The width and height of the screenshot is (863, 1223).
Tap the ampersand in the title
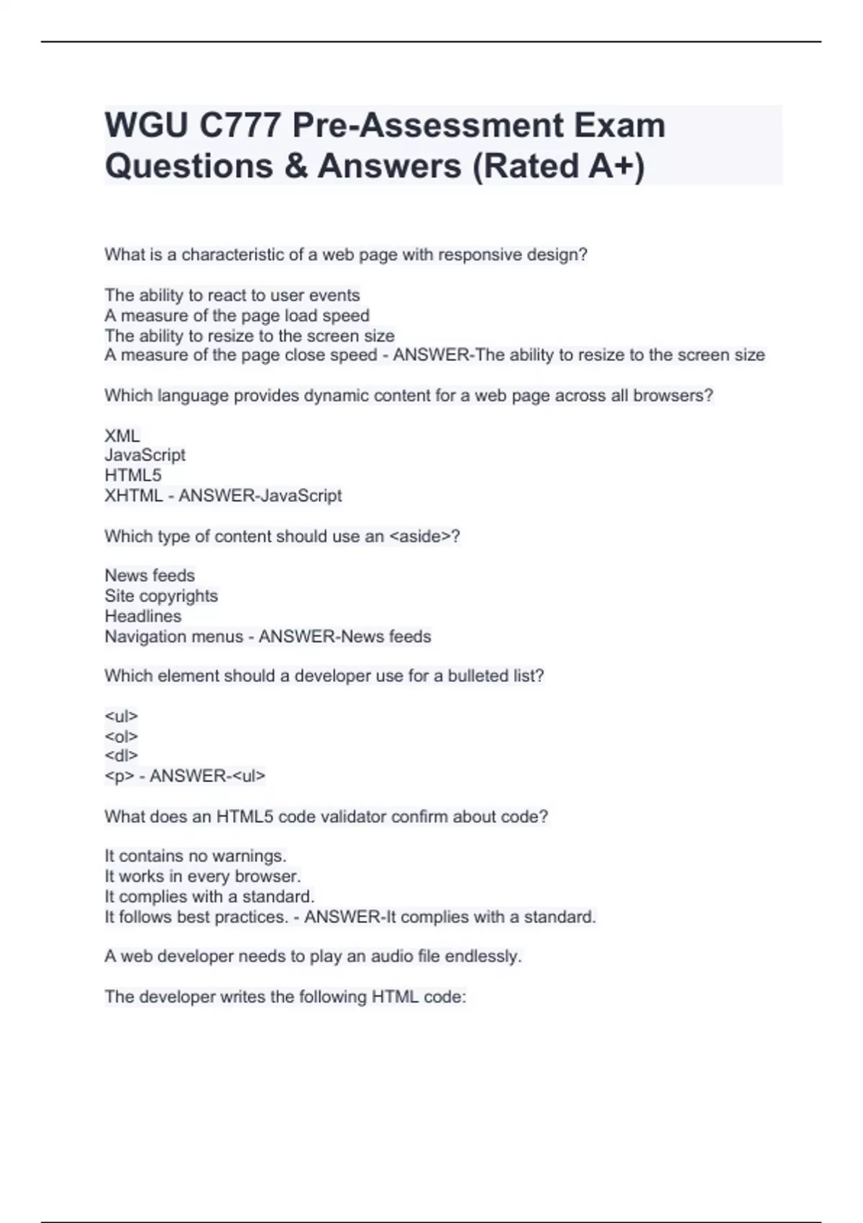point(296,166)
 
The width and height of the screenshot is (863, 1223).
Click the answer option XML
point(122,435)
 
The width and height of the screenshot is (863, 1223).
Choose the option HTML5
point(133,476)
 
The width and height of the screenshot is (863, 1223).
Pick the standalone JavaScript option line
point(145,455)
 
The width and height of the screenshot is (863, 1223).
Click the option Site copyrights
point(161,596)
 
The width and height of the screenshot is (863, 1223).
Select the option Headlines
point(143,616)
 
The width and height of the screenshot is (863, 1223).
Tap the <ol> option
point(121,736)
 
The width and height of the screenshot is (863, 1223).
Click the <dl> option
point(121,755)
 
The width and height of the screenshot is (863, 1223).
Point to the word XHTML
point(134,496)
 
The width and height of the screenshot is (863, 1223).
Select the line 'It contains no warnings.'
point(196,856)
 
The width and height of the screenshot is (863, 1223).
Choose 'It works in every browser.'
point(203,876)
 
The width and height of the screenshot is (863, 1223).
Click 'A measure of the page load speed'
point(237,315)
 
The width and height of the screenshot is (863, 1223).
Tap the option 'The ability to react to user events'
point(232,295)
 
